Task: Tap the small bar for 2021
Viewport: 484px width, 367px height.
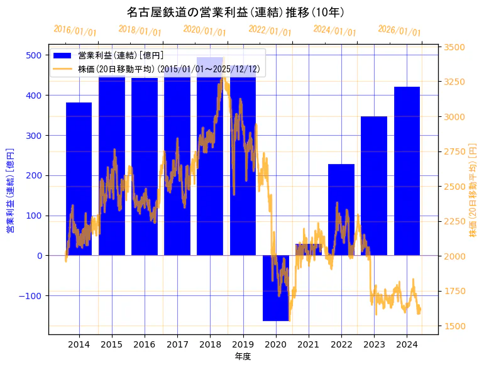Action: [308, 249]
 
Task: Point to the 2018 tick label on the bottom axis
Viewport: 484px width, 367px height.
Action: [210, 344]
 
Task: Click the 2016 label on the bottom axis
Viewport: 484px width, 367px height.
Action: [145, 344]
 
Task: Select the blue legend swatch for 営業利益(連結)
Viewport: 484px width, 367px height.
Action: [63, 56]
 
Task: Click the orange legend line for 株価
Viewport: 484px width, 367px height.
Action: [63, 69]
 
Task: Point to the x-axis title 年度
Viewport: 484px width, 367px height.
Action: [243, 356]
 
